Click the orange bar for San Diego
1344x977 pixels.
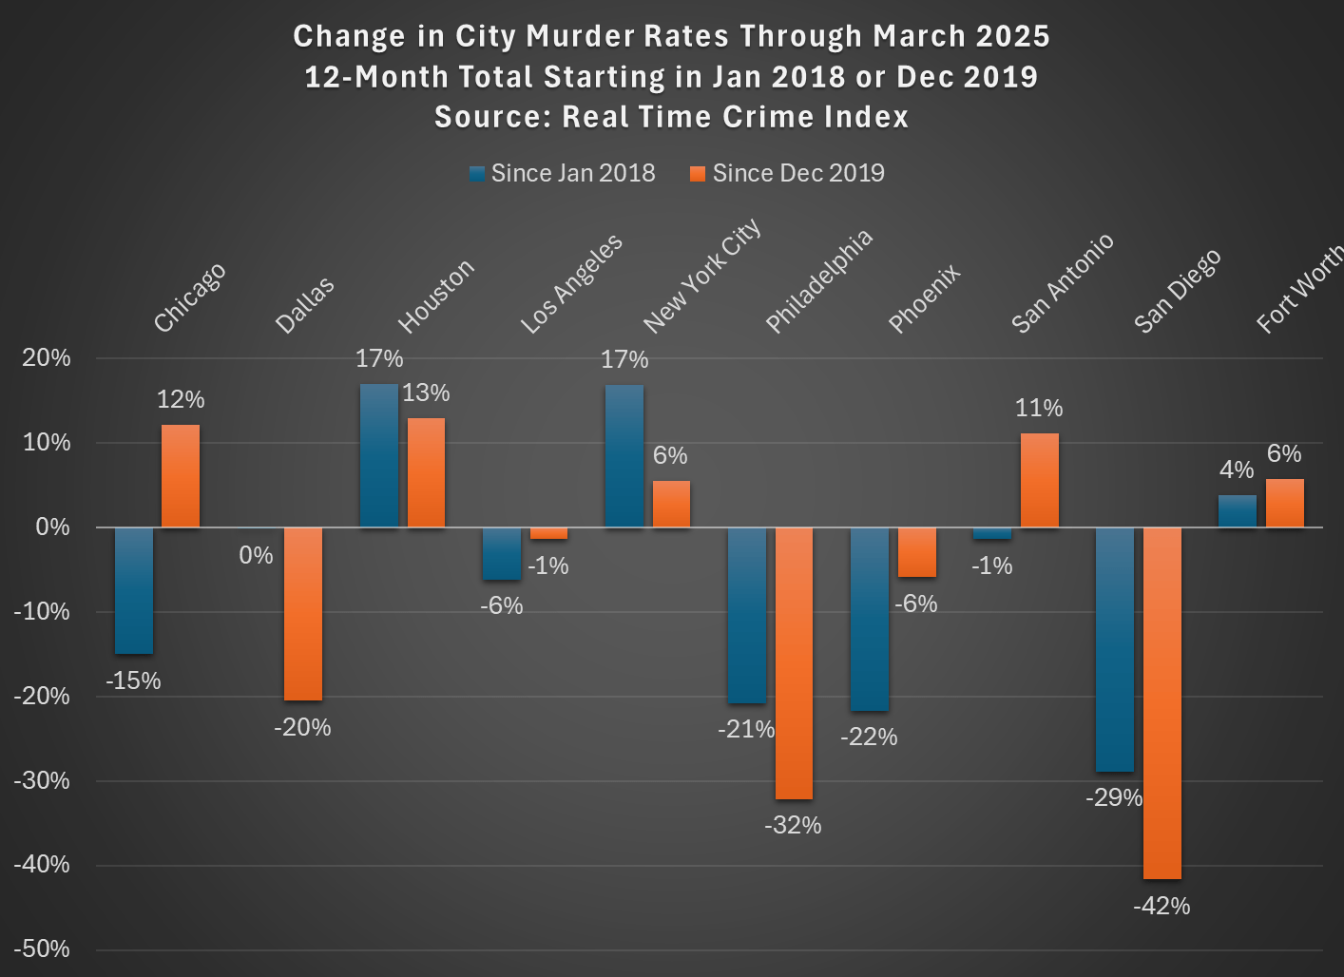pyautogui.click(x=1162, y=703)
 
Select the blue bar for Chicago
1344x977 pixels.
pyautogui.click(x=134, y=590)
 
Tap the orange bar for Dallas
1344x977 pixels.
pyautogui.click(x=303, y=614)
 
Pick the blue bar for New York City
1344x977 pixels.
pyautogui.click(x=624, y=456)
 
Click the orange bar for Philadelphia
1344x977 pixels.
pyautogui.click(x=794, y=663)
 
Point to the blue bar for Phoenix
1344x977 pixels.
pyautogui.click(x=869, y=619)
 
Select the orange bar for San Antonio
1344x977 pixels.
pyautogui.click(x=1039, y=480)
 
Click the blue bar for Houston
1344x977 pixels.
pyautogui.click(x=378, y=455)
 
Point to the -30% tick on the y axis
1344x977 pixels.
pyautogui.click(x=42, y=780)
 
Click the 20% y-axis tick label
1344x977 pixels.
pyautogui.click(x=47, y=358)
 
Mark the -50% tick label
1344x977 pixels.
pyautogui.click(x=42, y=948)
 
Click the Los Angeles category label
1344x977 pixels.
pyautogui.click(x=571, y=283)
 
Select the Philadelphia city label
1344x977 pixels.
pyautogui.click(x=818, y=281)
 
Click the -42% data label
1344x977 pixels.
pyautogui.click(x=1162, y=906)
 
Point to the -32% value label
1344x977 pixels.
pyautogui.click(x=793, y=825)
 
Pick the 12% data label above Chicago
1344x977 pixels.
pyautogui.click(x=181, y=399)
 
